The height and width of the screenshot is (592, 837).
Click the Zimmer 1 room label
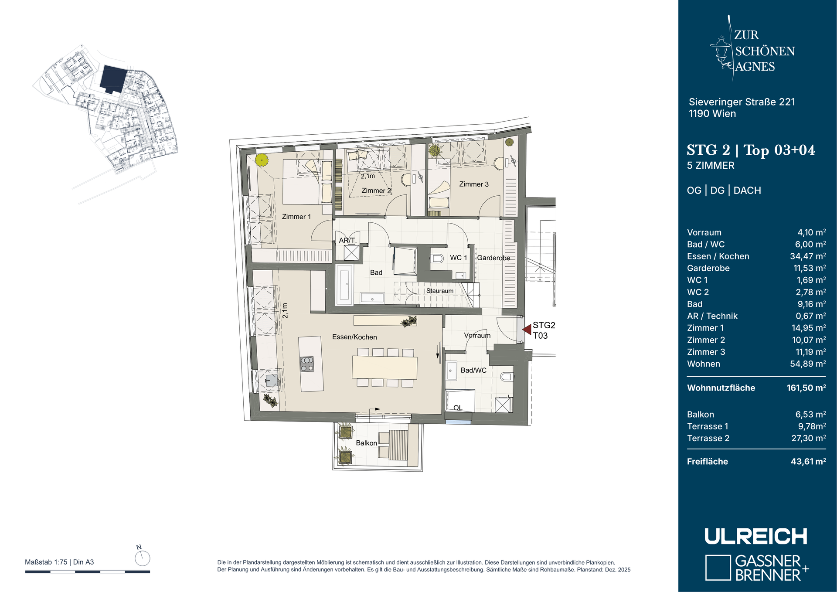point(296,217)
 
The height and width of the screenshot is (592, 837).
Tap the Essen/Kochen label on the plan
point(354,337)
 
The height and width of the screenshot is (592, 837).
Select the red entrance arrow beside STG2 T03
point(527,330)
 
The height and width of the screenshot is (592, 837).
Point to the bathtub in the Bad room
point(344,285)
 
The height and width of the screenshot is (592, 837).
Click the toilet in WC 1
point(436,258)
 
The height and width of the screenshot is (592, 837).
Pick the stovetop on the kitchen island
point(307,364)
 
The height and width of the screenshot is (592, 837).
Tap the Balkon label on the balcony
point(366,443)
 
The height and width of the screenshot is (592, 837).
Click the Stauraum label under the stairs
point(440,291)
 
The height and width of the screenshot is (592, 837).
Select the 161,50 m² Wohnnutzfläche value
point(806,388)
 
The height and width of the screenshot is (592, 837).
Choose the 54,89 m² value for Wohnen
point(808,364)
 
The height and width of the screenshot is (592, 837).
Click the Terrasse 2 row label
point(708,438)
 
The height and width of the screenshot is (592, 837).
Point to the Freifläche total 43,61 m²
point(808,461)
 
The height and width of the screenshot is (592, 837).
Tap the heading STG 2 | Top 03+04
point(751,150)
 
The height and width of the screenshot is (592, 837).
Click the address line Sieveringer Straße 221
point(742,102)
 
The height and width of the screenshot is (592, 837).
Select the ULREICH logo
point(756,536)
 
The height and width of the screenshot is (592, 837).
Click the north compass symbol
point(143,558)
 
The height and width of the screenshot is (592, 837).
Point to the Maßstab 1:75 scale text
point(46,562)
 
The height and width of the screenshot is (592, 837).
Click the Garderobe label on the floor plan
point(493,258)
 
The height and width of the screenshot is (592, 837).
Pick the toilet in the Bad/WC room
point(507,377)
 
